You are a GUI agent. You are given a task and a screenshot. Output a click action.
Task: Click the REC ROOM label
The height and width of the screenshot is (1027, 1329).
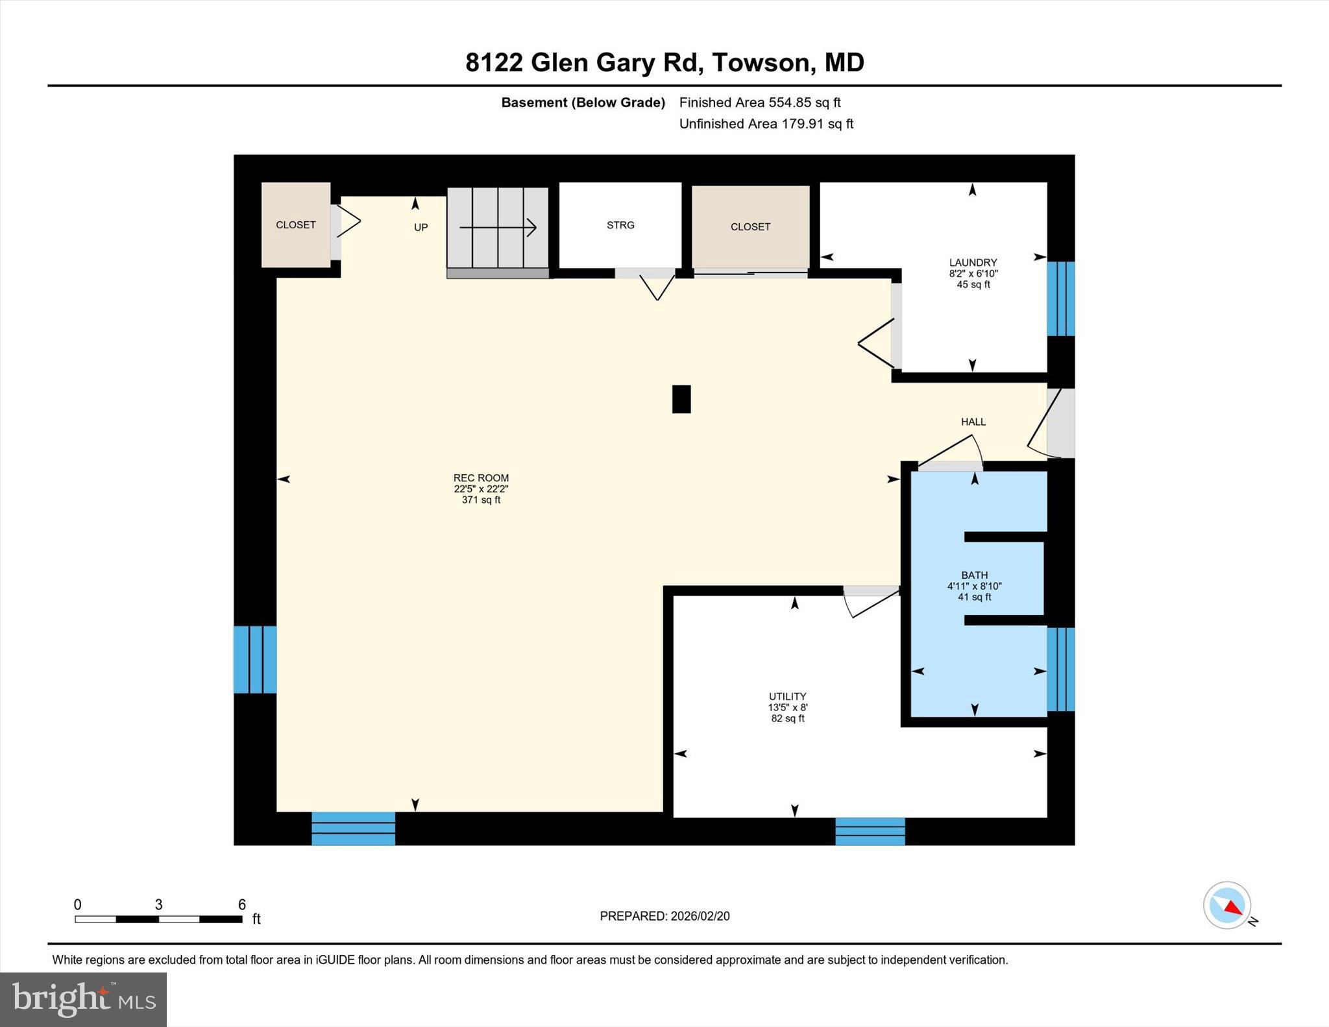[x=481, y=478]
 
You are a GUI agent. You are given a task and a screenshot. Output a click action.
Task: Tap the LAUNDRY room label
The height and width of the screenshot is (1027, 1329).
[x=973, y=263]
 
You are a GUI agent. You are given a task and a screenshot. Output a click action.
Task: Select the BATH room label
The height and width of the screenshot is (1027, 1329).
[x=974, y=575]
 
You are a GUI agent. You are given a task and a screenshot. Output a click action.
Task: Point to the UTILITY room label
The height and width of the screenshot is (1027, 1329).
[x=787, y=696]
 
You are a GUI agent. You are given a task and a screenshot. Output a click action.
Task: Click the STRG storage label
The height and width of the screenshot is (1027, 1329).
[x=620, y=225]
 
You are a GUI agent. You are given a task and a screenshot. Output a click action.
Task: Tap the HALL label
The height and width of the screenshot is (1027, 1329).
[x=973, y=422]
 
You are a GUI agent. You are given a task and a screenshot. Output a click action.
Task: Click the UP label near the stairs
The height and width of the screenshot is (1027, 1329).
[x=421, y=228]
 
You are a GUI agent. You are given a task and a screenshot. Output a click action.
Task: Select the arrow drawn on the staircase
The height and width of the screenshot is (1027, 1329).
[x=498, y=228]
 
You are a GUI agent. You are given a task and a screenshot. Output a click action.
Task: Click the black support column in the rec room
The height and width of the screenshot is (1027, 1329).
[x=681, y=399]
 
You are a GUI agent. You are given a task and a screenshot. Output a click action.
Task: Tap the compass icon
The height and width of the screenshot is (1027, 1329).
[x=1226, y=905]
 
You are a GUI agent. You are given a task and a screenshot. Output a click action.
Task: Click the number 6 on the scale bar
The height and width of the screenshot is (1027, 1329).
[x=242, y=904]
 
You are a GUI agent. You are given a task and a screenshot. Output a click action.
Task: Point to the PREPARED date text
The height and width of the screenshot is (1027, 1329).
[x=664, y=916]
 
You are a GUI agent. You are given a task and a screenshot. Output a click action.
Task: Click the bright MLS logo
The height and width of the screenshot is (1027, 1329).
[x=83, y=999]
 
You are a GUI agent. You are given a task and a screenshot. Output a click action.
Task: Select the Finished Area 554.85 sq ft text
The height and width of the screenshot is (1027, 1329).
[x=759, y=103]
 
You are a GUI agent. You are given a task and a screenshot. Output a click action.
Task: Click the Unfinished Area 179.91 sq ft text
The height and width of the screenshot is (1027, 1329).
[x=766, y=124]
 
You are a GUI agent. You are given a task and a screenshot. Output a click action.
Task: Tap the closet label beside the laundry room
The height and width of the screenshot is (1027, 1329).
[x=750, y=227]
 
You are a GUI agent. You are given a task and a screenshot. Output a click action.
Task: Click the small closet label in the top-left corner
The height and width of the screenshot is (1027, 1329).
[x=295, y=225]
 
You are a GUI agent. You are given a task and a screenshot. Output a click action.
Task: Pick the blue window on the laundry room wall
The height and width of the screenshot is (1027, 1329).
[x=1061, y=298]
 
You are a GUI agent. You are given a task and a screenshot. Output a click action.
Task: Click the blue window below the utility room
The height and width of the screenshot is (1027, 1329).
[x=870, y=831]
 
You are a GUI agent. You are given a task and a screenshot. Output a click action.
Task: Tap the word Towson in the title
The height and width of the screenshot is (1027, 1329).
[x=761, y=63]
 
